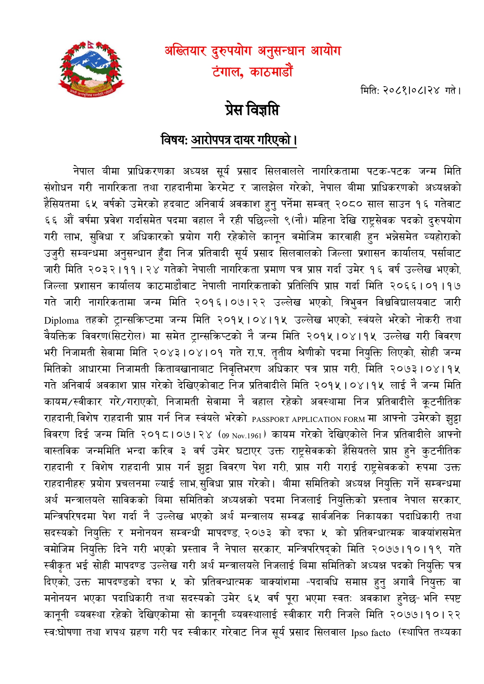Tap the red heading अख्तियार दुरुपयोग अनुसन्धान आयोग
click(253, 51)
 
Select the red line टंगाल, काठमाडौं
click(252, 72)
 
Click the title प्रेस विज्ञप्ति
click(252, 110)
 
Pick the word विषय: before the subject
click(174, 139)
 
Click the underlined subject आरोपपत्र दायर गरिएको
click(243, 139)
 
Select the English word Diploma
click(61, 321)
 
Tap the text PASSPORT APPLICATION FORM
click(308, 419)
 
